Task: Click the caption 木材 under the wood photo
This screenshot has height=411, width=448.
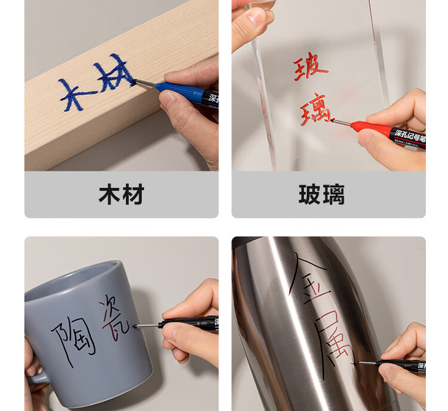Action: tap(121, 195)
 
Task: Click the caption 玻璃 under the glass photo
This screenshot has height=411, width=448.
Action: tap(321, 195)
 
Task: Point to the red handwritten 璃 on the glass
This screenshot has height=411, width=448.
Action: tap(314, 109)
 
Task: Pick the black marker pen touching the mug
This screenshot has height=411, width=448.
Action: tap(185, 324)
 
